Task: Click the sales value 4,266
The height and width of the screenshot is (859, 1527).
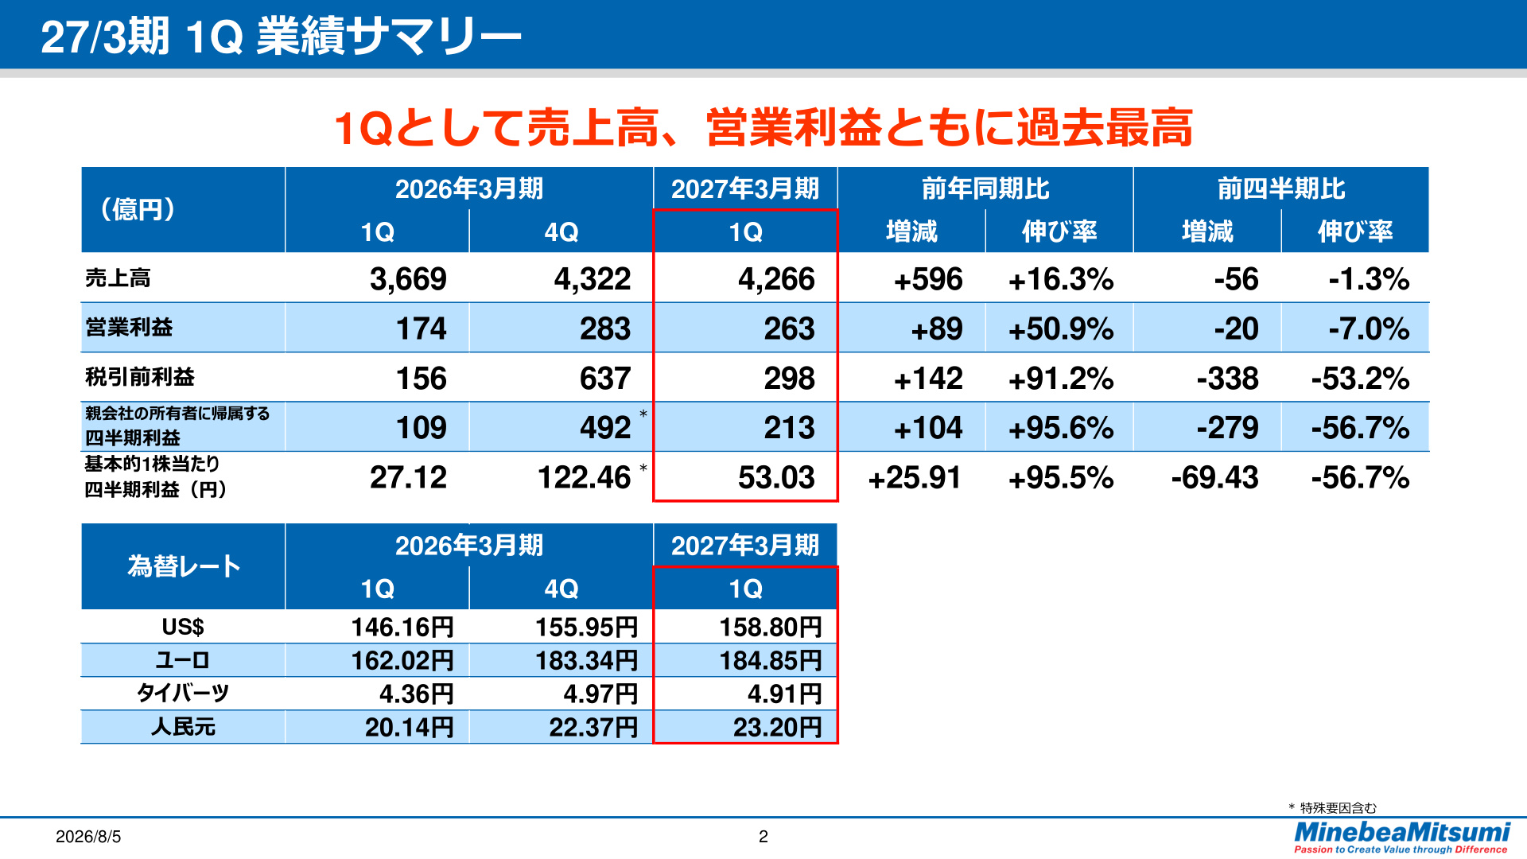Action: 776,279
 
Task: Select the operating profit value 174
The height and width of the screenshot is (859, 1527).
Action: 422,328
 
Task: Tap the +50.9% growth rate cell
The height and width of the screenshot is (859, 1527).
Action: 1061,328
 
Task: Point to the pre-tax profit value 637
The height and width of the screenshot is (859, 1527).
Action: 605,379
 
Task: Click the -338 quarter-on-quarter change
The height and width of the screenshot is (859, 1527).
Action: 1227,379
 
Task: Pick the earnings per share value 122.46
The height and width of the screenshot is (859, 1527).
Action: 585,477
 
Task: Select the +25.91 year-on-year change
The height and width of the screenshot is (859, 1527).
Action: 915,477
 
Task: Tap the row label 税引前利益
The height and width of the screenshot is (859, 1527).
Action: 140,377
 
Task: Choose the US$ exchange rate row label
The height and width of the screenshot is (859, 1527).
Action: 183,627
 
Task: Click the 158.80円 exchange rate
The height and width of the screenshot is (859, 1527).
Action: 771,627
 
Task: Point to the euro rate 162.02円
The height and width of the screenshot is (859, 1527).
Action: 402,660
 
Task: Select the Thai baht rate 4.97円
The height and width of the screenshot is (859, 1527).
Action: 600,694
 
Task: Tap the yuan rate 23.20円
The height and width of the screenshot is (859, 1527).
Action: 777,727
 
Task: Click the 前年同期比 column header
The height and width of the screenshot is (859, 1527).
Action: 985,189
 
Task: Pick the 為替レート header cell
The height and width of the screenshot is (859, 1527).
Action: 184,566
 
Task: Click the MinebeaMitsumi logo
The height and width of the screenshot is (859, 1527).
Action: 1401,837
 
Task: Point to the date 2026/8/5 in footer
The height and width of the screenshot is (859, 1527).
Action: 88,837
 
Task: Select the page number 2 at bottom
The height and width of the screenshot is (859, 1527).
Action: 763,837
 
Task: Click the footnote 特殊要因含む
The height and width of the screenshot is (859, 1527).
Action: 1338,808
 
